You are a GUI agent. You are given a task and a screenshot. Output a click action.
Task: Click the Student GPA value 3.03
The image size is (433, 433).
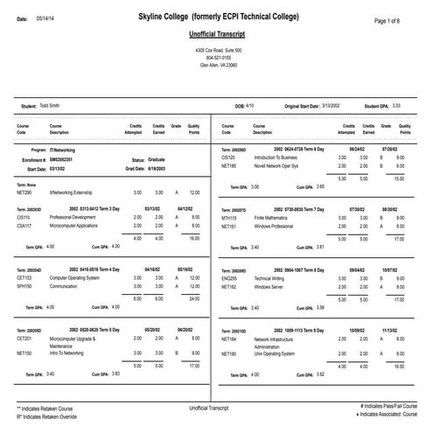(x=396, y=106)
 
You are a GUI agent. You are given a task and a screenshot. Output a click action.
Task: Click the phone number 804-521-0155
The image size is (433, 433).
(x=215, y=58)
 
